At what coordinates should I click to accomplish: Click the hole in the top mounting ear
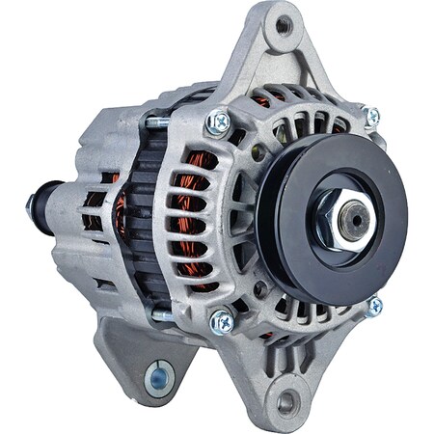pos(283,27)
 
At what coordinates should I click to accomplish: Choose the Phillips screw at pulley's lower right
pos(373,307)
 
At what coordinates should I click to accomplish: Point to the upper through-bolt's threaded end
pos(154,123)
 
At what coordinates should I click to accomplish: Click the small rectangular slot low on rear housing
pos(104,285)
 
